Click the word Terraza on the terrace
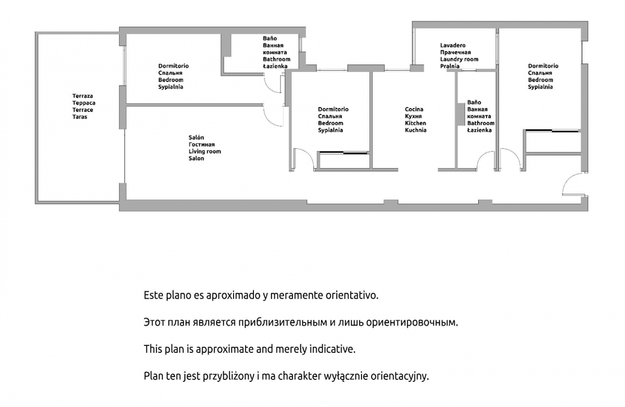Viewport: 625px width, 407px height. coord(82,96)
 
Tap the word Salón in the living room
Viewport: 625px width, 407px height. coord(196,137)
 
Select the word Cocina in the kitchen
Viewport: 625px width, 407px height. coord(414,109)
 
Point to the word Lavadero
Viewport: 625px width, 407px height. coord(453,45)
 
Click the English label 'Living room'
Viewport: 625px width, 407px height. coord(205,152)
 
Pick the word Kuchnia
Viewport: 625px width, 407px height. coord(416,130)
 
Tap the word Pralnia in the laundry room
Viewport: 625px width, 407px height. coord(450,66)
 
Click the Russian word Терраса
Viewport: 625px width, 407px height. coord(84,103)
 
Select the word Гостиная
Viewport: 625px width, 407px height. coord(202,144)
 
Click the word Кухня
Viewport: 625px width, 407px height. coord(413,116)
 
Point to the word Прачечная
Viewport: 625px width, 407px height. coord(455,52)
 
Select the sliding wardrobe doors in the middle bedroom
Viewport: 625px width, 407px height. coord(344,153)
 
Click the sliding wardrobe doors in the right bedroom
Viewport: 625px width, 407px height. coord(552,130)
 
